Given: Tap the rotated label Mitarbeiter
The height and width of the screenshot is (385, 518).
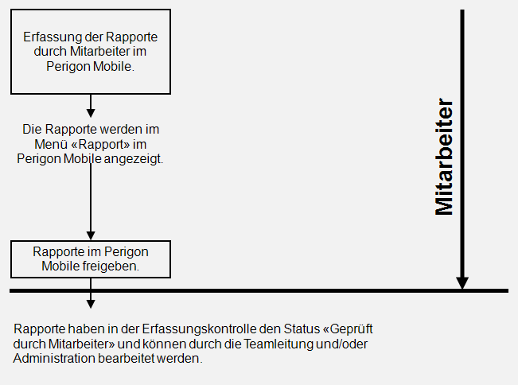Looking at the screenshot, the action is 444,157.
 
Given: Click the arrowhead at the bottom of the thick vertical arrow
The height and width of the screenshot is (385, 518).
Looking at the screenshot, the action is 462,283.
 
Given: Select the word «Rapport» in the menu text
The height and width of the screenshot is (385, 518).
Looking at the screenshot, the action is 100,144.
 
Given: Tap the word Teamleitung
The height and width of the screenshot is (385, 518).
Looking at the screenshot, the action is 278,344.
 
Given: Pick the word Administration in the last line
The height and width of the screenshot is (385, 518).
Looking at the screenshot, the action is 54,358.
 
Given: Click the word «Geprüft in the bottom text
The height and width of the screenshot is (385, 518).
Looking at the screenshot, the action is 348,329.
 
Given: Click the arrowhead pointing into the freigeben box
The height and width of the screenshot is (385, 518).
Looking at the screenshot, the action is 91,235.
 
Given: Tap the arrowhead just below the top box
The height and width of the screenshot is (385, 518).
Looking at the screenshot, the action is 91,113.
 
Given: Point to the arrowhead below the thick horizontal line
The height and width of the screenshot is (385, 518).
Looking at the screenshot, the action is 91,304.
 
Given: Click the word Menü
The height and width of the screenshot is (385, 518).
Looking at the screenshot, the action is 51,144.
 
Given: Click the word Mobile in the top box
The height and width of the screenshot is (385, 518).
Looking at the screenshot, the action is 112,66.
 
